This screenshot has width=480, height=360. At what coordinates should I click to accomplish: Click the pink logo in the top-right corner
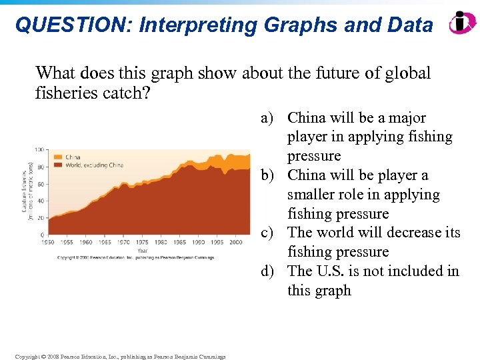(461, 23)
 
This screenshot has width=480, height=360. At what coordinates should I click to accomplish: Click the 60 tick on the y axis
(43, 183)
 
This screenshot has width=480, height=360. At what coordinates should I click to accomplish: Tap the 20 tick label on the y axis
(43, 218)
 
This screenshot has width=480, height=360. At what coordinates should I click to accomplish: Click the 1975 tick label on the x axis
(143, 243)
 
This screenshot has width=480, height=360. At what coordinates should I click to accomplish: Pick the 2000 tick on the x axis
(235, 243)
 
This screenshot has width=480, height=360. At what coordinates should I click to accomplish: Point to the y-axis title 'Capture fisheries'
(25, 192)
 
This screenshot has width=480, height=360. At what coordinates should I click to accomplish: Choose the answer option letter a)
(268, 118)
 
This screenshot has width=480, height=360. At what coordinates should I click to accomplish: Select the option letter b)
(268, 175)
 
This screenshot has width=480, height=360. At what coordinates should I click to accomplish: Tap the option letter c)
(268, 233)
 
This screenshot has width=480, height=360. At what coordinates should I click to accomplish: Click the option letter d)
(268, 271)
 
